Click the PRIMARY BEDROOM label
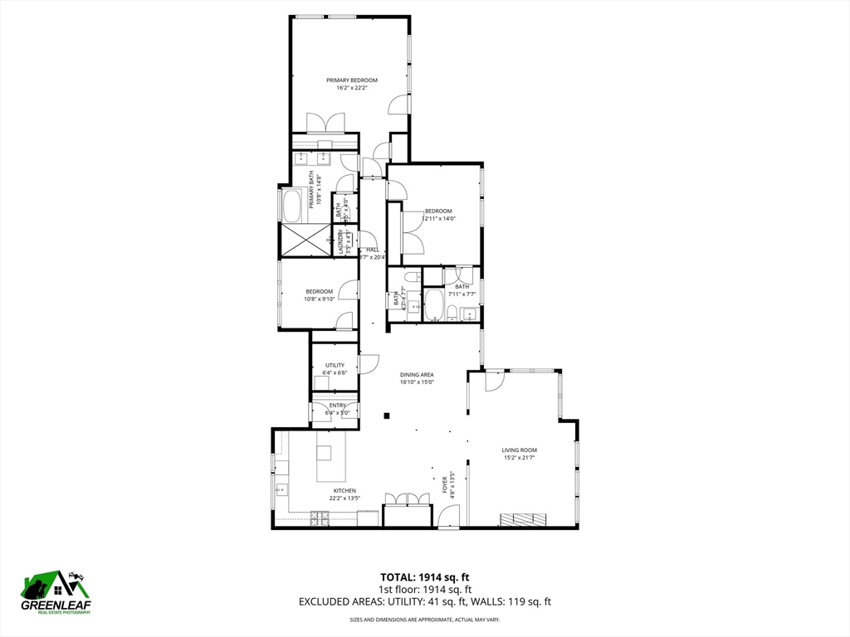(x=351, y=80)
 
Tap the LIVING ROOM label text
(x=519, y=450)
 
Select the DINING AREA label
(x=417, y=375)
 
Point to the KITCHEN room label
(x=344, y=490)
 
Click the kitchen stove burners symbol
(x=320, y=518)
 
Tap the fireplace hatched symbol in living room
(x=523, y=519)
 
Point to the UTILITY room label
(x=335, y=365)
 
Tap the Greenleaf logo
(x=56, y=592)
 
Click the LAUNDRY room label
(x=340, y=244)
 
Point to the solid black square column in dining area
(x=386, y=415)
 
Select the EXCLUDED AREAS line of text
(x=425, y=602)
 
